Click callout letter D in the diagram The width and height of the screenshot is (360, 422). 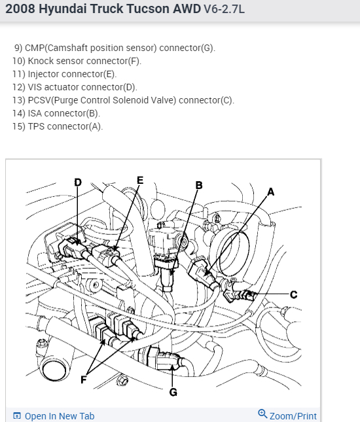click(x=78, y=183)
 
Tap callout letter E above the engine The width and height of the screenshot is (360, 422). click(x=140, y=180)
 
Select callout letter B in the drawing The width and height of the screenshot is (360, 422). click(x=199, y=185)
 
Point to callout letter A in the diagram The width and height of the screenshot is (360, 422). click(x=270, y=192)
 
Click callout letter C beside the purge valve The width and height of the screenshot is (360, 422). click(x=294, y=294)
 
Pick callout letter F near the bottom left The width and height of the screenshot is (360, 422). click(x=84, y=379)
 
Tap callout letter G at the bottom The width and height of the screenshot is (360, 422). click(x=173, y=392)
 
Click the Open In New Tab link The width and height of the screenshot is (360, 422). click(x=54, y=416)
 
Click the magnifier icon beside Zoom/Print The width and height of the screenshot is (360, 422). click(x=262, y=414)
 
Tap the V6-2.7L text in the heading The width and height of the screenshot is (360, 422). click(x=224, y=9)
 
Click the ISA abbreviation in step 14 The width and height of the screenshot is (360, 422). click(x=35, y=113)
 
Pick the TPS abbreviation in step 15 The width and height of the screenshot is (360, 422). click(x=36, y=126)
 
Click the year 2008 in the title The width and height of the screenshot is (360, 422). click(x=20, y=9)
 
